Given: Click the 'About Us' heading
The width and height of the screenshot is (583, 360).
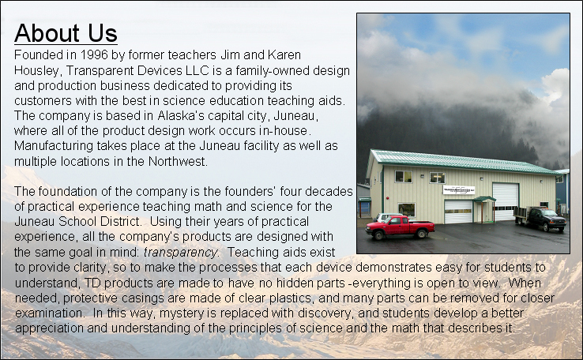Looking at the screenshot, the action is (x=66, y=32).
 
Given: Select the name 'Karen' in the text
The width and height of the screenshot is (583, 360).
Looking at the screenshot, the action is (x=284, y=55).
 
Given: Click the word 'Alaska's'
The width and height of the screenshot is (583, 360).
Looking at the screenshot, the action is (x=181, y=115).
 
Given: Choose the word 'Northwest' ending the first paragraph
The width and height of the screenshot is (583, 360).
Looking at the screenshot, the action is (x=178, y=161).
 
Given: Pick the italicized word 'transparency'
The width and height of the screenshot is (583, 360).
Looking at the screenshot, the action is (x=180, y=253).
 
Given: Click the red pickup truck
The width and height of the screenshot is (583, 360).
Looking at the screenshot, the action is (x=400, y=227).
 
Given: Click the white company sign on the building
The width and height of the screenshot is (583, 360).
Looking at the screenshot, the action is (x=459, y=189).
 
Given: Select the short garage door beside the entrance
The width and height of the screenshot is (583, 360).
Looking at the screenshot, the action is (x=458, y=212).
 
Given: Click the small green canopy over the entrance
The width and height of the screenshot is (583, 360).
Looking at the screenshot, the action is (x=483, y=200).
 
